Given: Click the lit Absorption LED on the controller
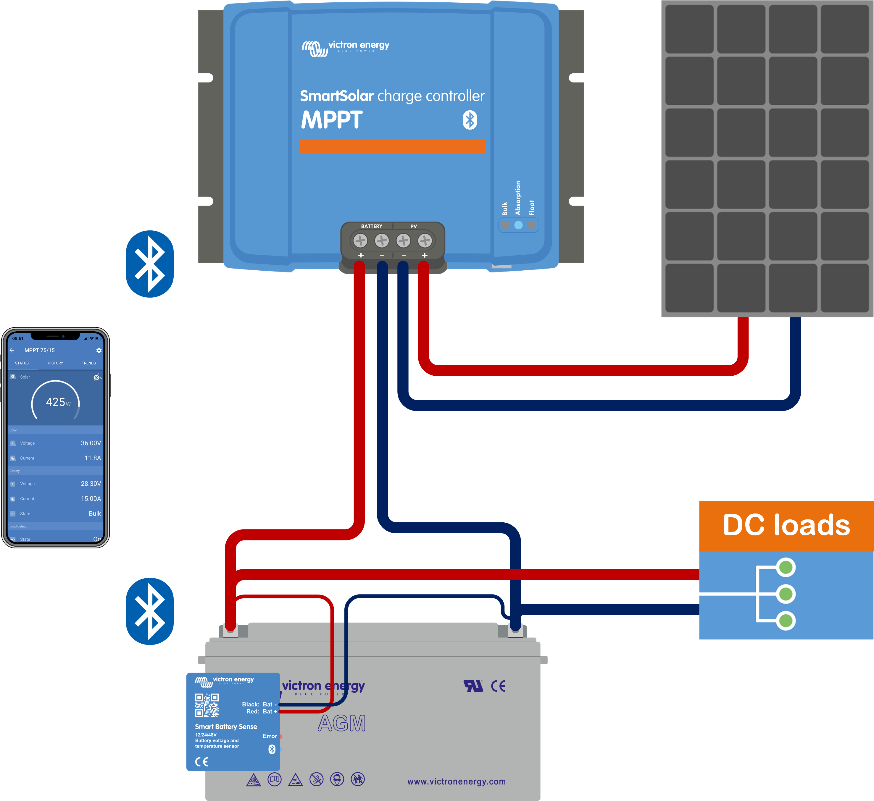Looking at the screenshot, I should pyautogui.click(x=518, y=225).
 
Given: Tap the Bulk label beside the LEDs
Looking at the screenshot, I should pyautogui.click(x=505, y=209).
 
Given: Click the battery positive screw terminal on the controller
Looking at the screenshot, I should pyautogui.click(x=360, y=240).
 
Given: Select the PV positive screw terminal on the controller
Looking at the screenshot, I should pyautogui.click(x=425, y=240).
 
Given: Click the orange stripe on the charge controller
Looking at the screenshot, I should pyautogui.click(x=392, y=146).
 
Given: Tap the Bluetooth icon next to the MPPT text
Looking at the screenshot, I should pyautogui.click(x=470, y=120).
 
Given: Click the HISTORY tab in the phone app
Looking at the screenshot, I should pyautogui.click(x=55, y=363).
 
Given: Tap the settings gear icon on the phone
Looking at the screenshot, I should pyautogui.click(x=99, y=350).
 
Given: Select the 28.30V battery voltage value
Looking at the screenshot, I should pyautogui.click(x=91, y=484).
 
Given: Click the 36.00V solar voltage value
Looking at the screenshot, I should pyautogui.click(x=91, y=443).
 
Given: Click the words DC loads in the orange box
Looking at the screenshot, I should pyautogui.click(x=786, y=525).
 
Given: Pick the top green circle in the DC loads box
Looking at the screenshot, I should pyautogui.click(x=786, y=567).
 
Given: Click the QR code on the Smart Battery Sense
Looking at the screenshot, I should pyautogui.click(x=207, y=705).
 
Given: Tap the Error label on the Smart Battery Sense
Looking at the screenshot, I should pyautogui.click(x=270, y=736).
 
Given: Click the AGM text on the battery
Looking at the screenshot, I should pyautogui.click(x=342, y=724).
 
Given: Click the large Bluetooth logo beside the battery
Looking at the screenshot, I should pyautogui.click(x=150, y=611).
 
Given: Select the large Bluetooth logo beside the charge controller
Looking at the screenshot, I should pyautogui.click(x=150, y=264).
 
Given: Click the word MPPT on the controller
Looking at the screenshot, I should pyautogui.click(x=332, y=120).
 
